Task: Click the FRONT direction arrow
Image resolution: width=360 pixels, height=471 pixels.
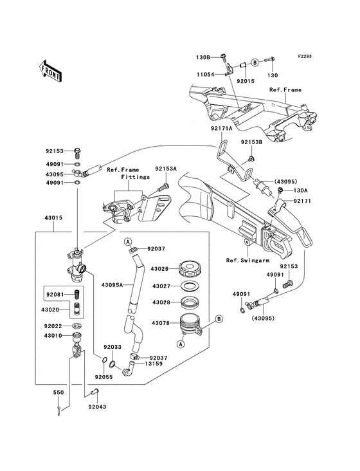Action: (x=51, y=69)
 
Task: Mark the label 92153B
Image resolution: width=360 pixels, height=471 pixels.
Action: (x=252, y=142)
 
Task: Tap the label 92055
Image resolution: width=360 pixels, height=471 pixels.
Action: (x=104, y=375)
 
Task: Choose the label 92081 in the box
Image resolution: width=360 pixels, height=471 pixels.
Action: (x=55, y=295)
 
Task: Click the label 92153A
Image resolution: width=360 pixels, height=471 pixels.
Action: (x=165, y=168)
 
